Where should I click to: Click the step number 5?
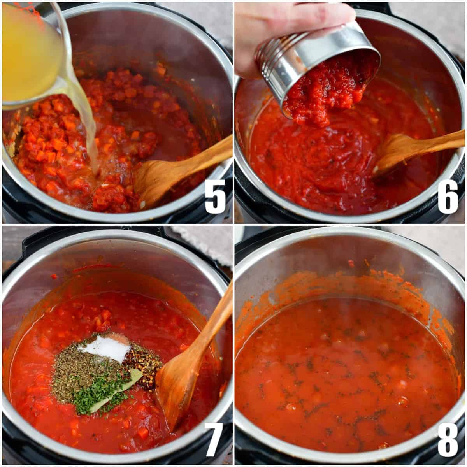215,197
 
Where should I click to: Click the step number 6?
448,197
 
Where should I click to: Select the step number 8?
448,439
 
